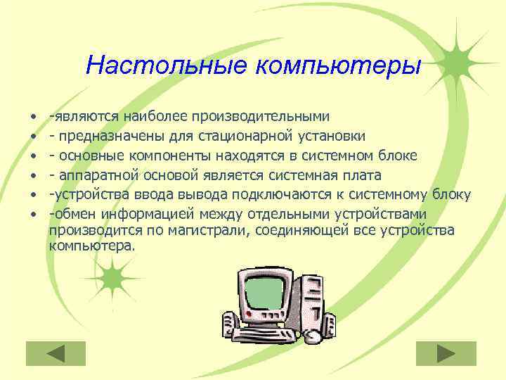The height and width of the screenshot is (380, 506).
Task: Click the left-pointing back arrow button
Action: (x=56, y=353)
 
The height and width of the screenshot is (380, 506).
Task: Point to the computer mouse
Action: (x=312, y=337)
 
